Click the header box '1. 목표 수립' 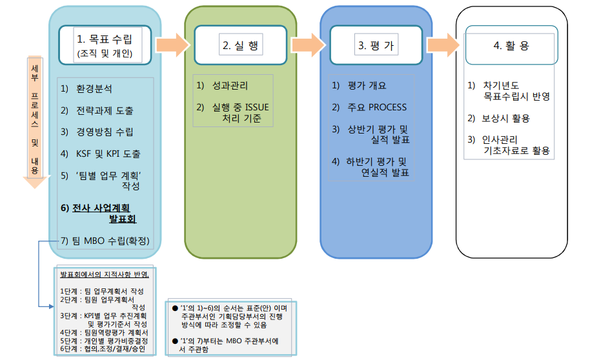point(105,45)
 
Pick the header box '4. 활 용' point(511,45)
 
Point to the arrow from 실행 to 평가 point(307,44)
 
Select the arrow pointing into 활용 point(444,44)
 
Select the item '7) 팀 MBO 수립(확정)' point(104,241)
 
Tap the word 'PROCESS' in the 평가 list point(387,107)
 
